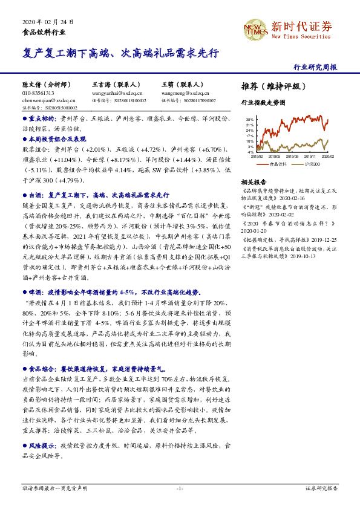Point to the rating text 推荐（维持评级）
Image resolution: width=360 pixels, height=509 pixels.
270,86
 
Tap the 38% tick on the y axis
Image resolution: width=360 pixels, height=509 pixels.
250,120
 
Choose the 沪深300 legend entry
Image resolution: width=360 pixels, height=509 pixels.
312,164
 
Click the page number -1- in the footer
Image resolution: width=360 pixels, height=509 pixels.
180,488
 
